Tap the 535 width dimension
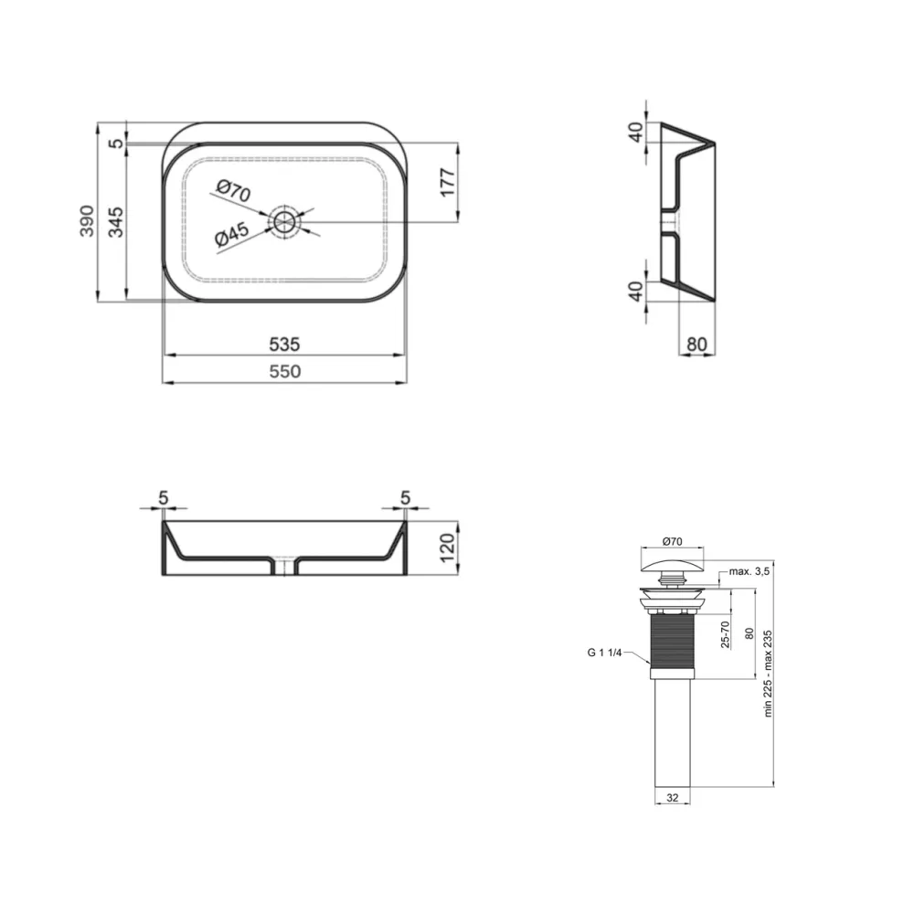pyautogui.click(x=284, y=345)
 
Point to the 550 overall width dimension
pyautogui.click(x=284, y=372)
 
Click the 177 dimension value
pyautogui.click(x=447, y=183)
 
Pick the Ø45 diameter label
pyautogui.click(x=233, y=236)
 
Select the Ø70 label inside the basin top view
pyautogui.click(x=233, y=192)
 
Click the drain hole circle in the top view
pyautogui.click(x=285, y=221)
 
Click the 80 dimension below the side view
pyautogui.click(x=696, y=345)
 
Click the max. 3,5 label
pyautogui.click(x=750, y=572)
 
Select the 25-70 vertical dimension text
pyautogui.click(x=726, y=636)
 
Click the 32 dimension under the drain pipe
pyautogui.click(x=672, y=798)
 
